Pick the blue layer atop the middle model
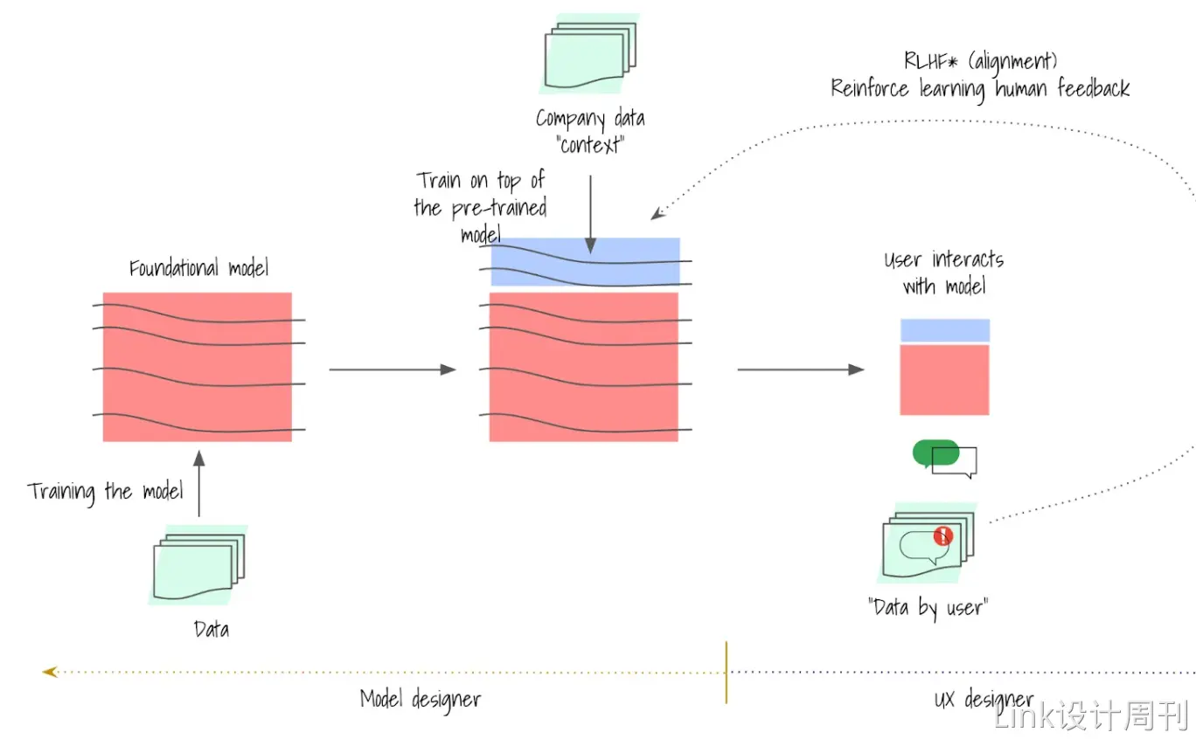click(x=585, y=262)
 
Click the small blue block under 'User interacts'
click(x=944, y=330)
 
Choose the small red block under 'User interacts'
click(x=944, y=379)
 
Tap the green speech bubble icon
click(x=935, y=452)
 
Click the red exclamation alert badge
click(x=942, y=535)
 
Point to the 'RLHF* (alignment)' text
click(x=980, y=61)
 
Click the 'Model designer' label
click(x=421, y=700)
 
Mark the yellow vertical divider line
click(x=726, y=672)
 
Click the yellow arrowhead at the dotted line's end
click(x=49, y=672)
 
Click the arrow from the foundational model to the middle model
click(x=392, y=369)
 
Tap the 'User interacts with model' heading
click(x=943, y=273)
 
